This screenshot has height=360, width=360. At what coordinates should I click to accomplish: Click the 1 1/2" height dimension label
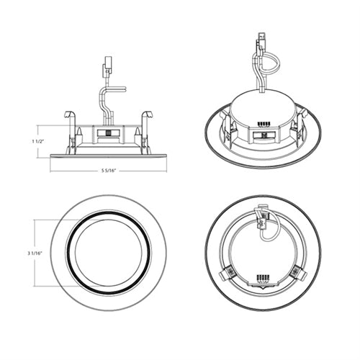[x=38, y=141]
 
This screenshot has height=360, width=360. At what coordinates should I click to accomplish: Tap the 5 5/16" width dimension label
[x=108, y=170]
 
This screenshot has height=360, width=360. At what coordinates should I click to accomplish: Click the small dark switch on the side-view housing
[x=109, y=134]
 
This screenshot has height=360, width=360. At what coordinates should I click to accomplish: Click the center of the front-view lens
[x=108, y=253]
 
